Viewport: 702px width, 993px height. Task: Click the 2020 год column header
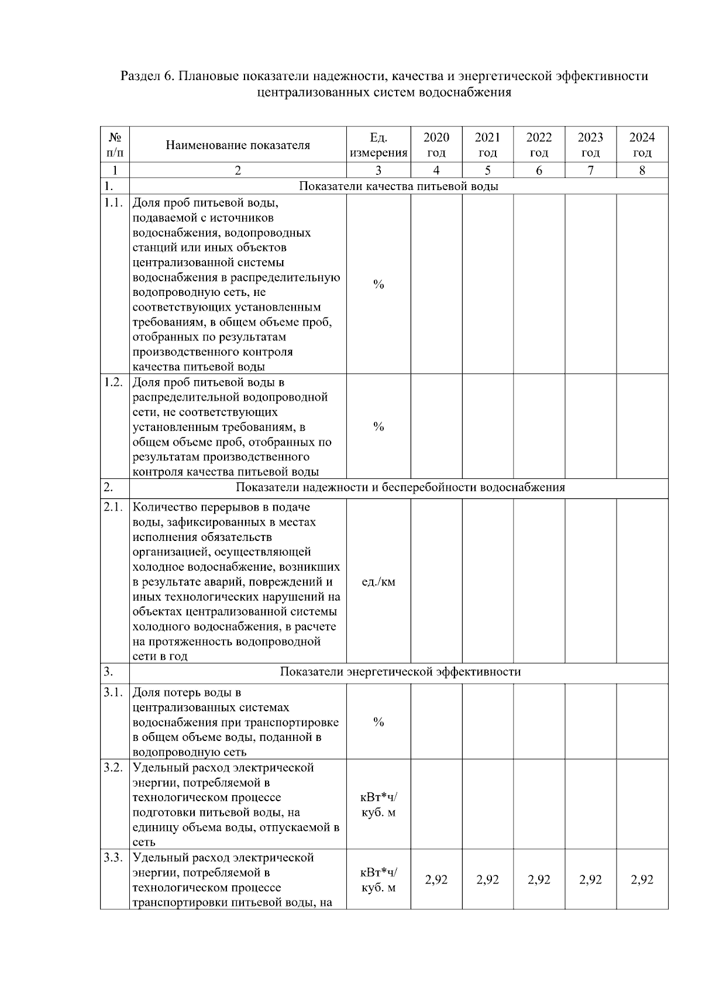coord(436,145)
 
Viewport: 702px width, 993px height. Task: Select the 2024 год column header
coord(642,145)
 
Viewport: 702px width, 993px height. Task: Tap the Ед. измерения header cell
coord(378,145)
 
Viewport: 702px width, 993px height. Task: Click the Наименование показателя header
coord(238,145)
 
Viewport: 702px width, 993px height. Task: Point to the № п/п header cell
coord(115,145)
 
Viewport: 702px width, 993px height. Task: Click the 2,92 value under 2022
coord(539,880)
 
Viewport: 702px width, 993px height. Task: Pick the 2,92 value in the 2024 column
coord(642,880)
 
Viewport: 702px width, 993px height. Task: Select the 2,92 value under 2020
coord(436,880)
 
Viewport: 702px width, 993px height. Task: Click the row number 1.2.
coord(113,382)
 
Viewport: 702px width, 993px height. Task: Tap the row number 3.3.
coord(113,857)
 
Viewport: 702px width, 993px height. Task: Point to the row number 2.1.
coord(113,507)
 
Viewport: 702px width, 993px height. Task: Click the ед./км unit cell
coord(378,582)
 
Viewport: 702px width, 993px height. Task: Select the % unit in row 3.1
coord(378,722)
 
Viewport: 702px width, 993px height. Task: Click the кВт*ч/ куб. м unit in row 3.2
coord(378,805)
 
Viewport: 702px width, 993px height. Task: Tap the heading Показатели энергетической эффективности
coord(400,672)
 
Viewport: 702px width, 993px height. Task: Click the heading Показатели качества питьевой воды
coord(399,187)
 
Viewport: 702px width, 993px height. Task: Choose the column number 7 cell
coord(590,171)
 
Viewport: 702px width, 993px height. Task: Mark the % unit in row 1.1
coord(378,285)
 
